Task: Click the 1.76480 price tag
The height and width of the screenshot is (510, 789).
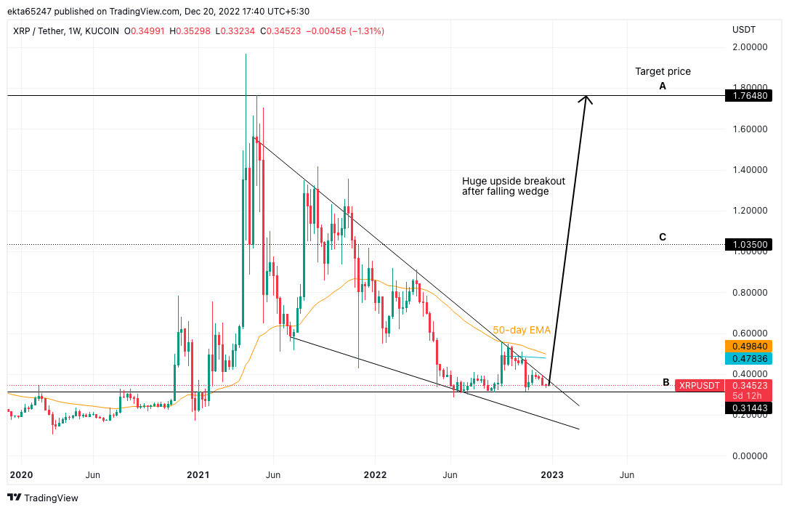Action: [748, 96]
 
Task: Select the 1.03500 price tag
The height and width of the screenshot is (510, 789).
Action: [748, 245]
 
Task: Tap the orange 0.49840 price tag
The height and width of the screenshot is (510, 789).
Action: [748, 346]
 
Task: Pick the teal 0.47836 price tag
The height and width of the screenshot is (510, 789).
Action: [748, 359]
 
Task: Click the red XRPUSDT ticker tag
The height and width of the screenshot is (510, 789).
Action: [700, 385]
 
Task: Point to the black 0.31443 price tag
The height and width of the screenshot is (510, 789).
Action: [748, 409]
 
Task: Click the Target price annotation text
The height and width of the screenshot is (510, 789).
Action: [663, 71]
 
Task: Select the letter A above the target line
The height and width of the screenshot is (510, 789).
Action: [663, 86]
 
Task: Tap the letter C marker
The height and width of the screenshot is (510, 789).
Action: [663, 237]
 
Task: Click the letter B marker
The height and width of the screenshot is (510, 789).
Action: [666, 382]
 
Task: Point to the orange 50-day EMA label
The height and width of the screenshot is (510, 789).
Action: [522, 330]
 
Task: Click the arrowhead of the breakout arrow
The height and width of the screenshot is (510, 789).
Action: [587, 98]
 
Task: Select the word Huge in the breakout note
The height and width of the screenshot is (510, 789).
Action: [474, 181]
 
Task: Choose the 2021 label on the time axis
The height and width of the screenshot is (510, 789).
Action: [198, 475]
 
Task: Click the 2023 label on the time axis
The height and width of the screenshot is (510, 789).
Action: [551, 475]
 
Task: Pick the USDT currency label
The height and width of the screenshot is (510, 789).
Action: [744, 30]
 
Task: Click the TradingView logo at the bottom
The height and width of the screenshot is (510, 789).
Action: [43, 498]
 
